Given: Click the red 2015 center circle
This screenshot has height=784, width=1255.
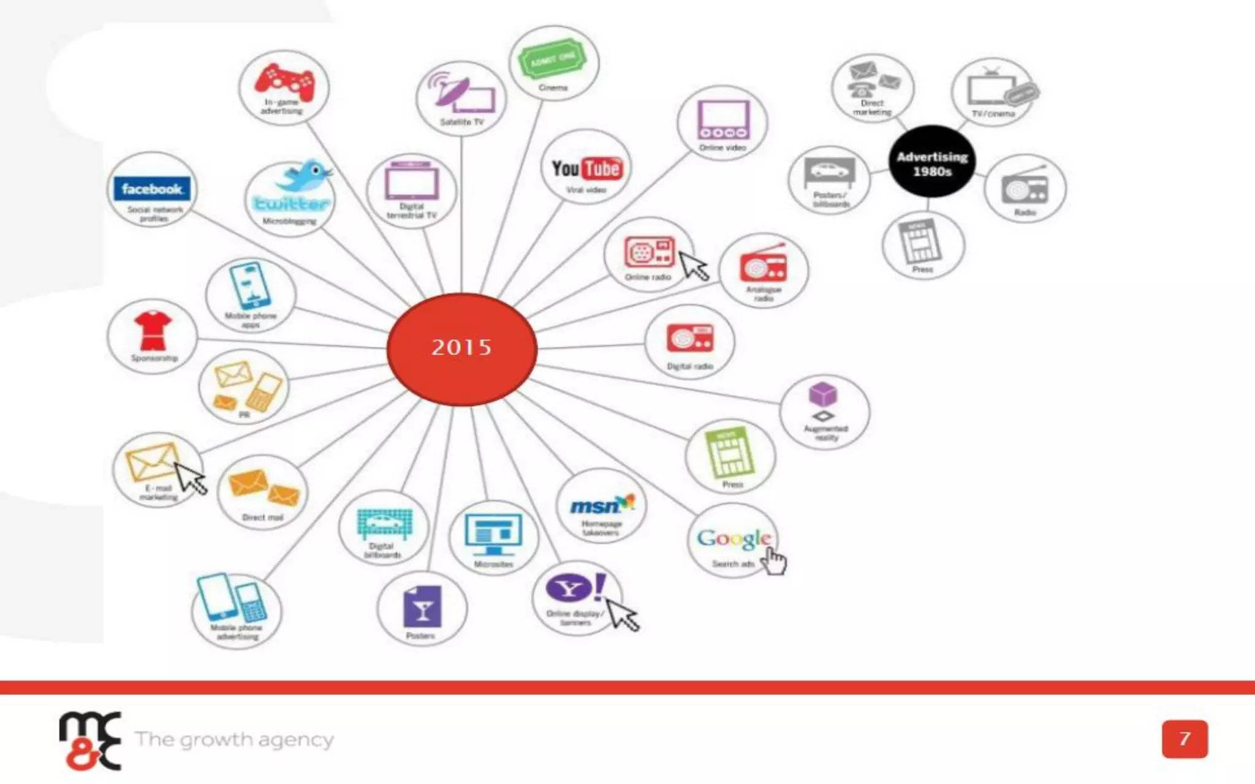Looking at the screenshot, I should point(462,349).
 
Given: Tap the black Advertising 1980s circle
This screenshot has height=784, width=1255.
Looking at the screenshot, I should point(932,162).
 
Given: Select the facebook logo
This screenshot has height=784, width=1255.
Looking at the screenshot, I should point(152,189).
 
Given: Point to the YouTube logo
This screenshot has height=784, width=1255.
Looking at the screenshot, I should point(586,169).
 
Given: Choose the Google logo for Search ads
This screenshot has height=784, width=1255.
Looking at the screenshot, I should point(734,539).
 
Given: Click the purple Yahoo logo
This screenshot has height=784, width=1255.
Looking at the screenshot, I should point(570,589).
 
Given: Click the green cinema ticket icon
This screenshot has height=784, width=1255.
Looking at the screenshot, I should point(553,59).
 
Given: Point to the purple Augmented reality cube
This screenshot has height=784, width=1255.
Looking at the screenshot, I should point(823,394).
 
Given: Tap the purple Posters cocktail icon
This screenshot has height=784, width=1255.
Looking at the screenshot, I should point(422,606).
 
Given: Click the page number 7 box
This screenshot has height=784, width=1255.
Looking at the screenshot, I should point(1185,739).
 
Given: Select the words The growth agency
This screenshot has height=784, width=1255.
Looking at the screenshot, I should point(235,740).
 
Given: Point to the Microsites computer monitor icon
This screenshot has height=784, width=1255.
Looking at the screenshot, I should point(493,533).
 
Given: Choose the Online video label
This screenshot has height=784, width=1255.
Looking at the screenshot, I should point(722,148).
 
